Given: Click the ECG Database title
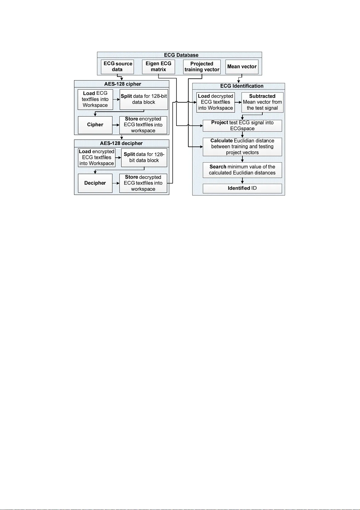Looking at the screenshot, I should (181, 55).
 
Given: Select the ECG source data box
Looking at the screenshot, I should (117, 67).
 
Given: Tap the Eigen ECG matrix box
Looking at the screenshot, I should (158, 67).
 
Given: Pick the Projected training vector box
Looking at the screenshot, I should (202, 67).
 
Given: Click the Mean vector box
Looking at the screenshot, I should (242, 67).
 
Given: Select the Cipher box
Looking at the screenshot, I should (95, 125).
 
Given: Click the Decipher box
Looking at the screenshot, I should (95, 183).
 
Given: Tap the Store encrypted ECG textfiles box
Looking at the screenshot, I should (143, 125).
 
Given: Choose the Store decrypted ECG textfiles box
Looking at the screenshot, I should (143, 183).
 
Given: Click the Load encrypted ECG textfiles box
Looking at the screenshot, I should (96, 157).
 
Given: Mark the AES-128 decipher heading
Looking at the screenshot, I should (121, 143).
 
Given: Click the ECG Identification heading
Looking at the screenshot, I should (242, 86).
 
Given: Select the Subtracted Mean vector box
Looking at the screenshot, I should (262, 102).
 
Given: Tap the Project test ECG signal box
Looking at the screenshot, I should (242, 126).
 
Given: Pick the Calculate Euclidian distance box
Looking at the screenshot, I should (242, 147).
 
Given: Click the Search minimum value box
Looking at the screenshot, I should (242, 170).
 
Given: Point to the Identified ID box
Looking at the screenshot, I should (242, 188).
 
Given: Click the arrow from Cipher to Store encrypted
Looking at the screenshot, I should (116, 125).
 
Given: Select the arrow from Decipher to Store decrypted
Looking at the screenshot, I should (116, 183).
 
